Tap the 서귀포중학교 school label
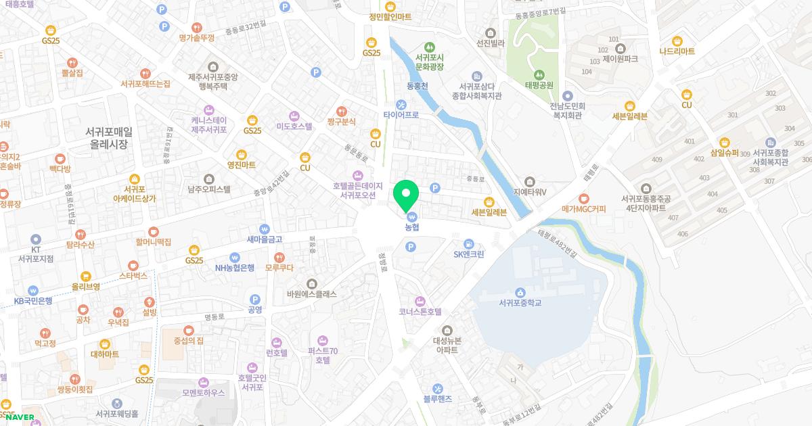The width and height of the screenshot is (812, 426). coord(520,302)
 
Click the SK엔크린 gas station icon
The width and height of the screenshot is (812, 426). coord(468,243)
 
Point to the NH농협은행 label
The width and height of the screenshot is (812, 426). coord(235,267)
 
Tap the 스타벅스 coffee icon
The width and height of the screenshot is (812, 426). coord(133,265)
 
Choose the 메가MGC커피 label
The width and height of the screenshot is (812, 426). coord(583,209)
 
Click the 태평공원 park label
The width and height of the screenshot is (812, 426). coord(539,85)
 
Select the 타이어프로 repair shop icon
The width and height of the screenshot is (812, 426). coord(401,104)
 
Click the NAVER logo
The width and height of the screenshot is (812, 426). coord(20,417)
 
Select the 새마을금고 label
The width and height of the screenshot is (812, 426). coord(264,239)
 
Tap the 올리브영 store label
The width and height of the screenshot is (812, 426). coord(86,286)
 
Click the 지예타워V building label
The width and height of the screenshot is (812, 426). coord(530,191)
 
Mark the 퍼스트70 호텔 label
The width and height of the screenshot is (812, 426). coord(322,355)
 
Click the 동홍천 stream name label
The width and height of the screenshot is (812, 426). coord(417,86)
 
